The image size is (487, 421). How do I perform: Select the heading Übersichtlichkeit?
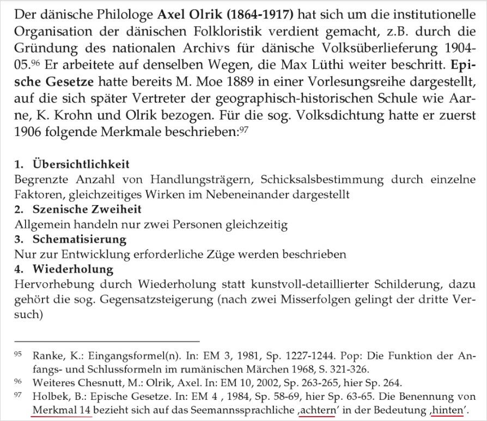81,164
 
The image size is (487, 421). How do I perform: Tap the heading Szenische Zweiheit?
87,209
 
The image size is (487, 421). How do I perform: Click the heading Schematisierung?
80,239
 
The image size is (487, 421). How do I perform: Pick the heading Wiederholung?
73,269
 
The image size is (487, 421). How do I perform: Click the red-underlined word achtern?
316,410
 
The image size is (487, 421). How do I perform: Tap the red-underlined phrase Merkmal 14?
62,410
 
